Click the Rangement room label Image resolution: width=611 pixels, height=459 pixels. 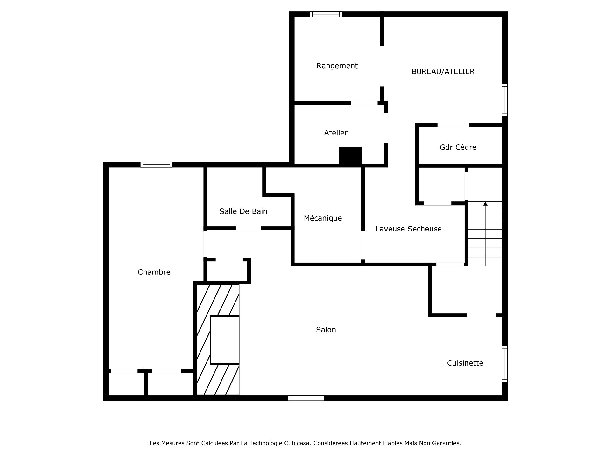(337, 66)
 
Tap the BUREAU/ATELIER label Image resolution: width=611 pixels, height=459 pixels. (443, 71)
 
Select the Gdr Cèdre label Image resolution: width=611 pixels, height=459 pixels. (458, 147)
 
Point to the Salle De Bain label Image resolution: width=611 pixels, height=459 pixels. (243, 211)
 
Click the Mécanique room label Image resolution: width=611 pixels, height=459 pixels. (323, 218)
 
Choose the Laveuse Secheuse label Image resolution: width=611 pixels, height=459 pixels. (408, 229)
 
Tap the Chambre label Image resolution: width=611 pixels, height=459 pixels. (154, 272)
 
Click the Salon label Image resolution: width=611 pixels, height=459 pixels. (326, 330)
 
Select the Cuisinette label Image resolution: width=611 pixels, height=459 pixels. (465, 363)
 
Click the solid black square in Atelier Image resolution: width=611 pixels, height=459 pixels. (350, 156)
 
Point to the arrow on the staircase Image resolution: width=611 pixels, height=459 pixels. (485, 204)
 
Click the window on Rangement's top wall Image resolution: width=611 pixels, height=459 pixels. (326, 14)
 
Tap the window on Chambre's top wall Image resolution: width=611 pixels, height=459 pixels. (156, 165)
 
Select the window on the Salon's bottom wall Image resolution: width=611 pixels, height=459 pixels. (306, 398)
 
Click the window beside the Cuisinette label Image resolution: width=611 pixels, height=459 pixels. (505, 364)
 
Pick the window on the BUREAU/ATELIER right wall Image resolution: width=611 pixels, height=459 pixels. (505, 100)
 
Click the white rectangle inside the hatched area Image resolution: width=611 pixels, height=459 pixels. (225, 340)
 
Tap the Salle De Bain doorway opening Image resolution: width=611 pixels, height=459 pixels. (248, 228)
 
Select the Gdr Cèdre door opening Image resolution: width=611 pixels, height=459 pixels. (453, 125)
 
